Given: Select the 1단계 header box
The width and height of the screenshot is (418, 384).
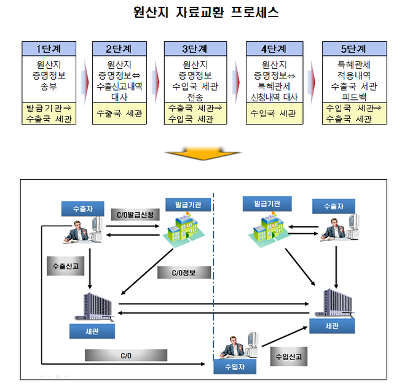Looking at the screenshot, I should pos(49,48).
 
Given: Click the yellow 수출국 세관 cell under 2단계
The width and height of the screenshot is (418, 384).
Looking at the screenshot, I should pos(119,113).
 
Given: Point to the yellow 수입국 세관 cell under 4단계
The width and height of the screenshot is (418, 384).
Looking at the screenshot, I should pos(273,113).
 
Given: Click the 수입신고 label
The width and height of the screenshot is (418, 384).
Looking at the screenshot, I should pos(289,356).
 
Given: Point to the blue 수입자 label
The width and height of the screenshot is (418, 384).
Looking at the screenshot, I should pos(234,367).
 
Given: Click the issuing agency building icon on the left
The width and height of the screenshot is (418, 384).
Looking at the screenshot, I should pos(183,230).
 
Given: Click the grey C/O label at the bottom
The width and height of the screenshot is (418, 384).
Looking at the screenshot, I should pos(126,355).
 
